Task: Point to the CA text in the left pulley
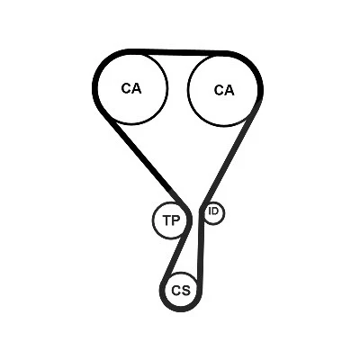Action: (x=131, y=88)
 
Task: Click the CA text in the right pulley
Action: (x=224, y=90)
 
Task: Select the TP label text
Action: (x=171, y=220)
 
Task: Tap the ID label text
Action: (x=213, y=211)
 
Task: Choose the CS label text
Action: (x=181, y=291)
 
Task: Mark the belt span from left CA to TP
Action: (x=143, y=159)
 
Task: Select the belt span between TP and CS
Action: (x=175, y=255)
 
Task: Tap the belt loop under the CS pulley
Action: (x=181, y=309)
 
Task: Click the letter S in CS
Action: (x=185, y=291)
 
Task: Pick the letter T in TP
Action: (x=166, y=220)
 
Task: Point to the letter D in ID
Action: (x=215, y=211)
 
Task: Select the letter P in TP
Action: (x=175, y=220)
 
